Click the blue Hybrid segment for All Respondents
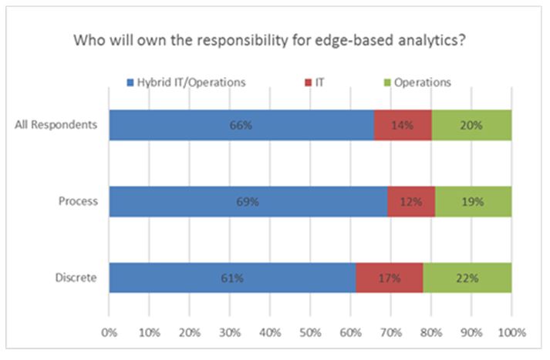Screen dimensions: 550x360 click(x=241, y=125)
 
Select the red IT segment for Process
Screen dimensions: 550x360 click(x=411, y=201)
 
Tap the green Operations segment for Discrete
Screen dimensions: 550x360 click(x=467, y=278)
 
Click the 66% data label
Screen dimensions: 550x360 click(x=241, y=125)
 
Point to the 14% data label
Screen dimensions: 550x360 click(x=403, y=125)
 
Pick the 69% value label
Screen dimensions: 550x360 click(x=248, y=201)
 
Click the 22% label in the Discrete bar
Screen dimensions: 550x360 click(x=467, y=278)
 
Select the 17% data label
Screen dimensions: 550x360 click(x=390, y=278)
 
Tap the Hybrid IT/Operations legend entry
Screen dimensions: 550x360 click(x=186, y=82)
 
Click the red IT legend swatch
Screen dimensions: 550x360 click(x=308, y=82)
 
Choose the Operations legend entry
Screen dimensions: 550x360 click(x=417, y=82)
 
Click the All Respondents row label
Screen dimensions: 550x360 click(x=56, y=124)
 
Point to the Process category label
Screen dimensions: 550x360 click(x=78, y=201)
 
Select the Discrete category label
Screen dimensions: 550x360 click(x=76, y=278)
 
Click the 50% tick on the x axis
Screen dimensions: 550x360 click(x=310, y=332)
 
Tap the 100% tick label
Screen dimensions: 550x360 click(x=512, y=332)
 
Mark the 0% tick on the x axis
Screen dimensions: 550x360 click(x=109, y=332)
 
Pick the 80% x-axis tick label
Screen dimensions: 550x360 click(x=431, y=332)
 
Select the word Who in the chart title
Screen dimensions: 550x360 click(x=89, y=40)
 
